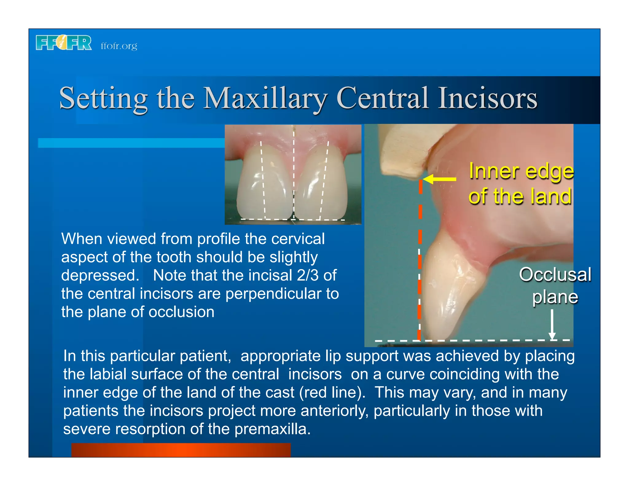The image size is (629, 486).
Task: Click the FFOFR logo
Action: pos(64,43)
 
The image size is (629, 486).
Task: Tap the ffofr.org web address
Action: pos(119,46)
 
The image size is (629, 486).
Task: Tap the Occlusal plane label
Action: pos(555,286)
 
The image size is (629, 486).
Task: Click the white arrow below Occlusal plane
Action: pos(552,324)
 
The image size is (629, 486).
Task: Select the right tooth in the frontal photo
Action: pos(321,184)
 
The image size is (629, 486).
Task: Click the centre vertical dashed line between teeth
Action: pos(294,172)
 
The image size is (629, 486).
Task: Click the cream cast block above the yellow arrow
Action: pos(402,151)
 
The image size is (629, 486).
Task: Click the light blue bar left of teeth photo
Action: pos(131,143)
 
